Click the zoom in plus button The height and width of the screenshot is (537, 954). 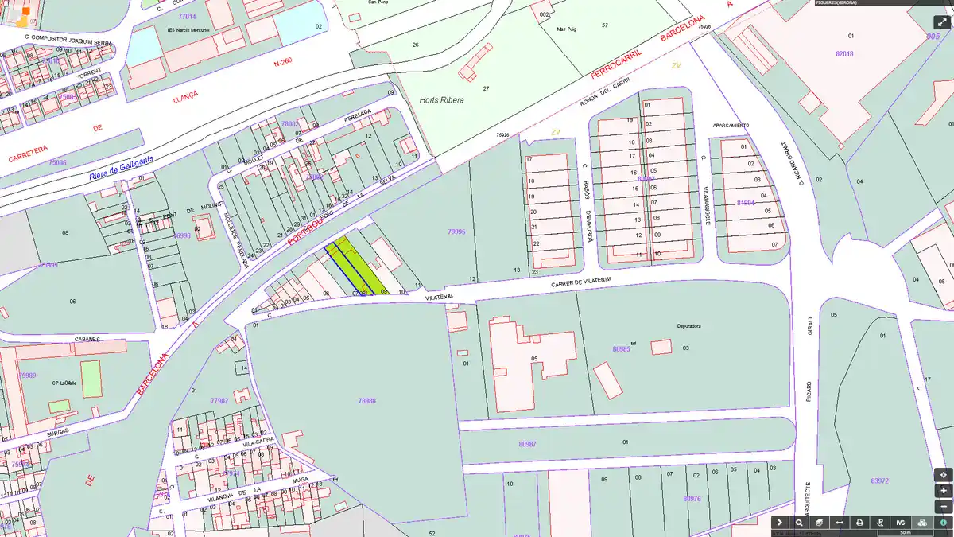click(x=943, y=491)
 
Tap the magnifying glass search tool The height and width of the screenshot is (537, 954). click(x=799, y=523)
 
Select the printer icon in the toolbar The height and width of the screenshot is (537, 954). click(x=859, y=523)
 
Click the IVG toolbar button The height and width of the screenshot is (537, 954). click(x=901, y=523)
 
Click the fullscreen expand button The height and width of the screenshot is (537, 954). click(x=942, y=21)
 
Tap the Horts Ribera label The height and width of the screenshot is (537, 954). click(x=441, y=101)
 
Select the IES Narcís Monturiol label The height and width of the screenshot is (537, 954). click(x=188, y=30)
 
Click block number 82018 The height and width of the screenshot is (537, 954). click(x=844, y=53)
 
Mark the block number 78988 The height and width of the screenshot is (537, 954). click(x=367, y=401)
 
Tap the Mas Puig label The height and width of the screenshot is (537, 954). click(x=566, y=29)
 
